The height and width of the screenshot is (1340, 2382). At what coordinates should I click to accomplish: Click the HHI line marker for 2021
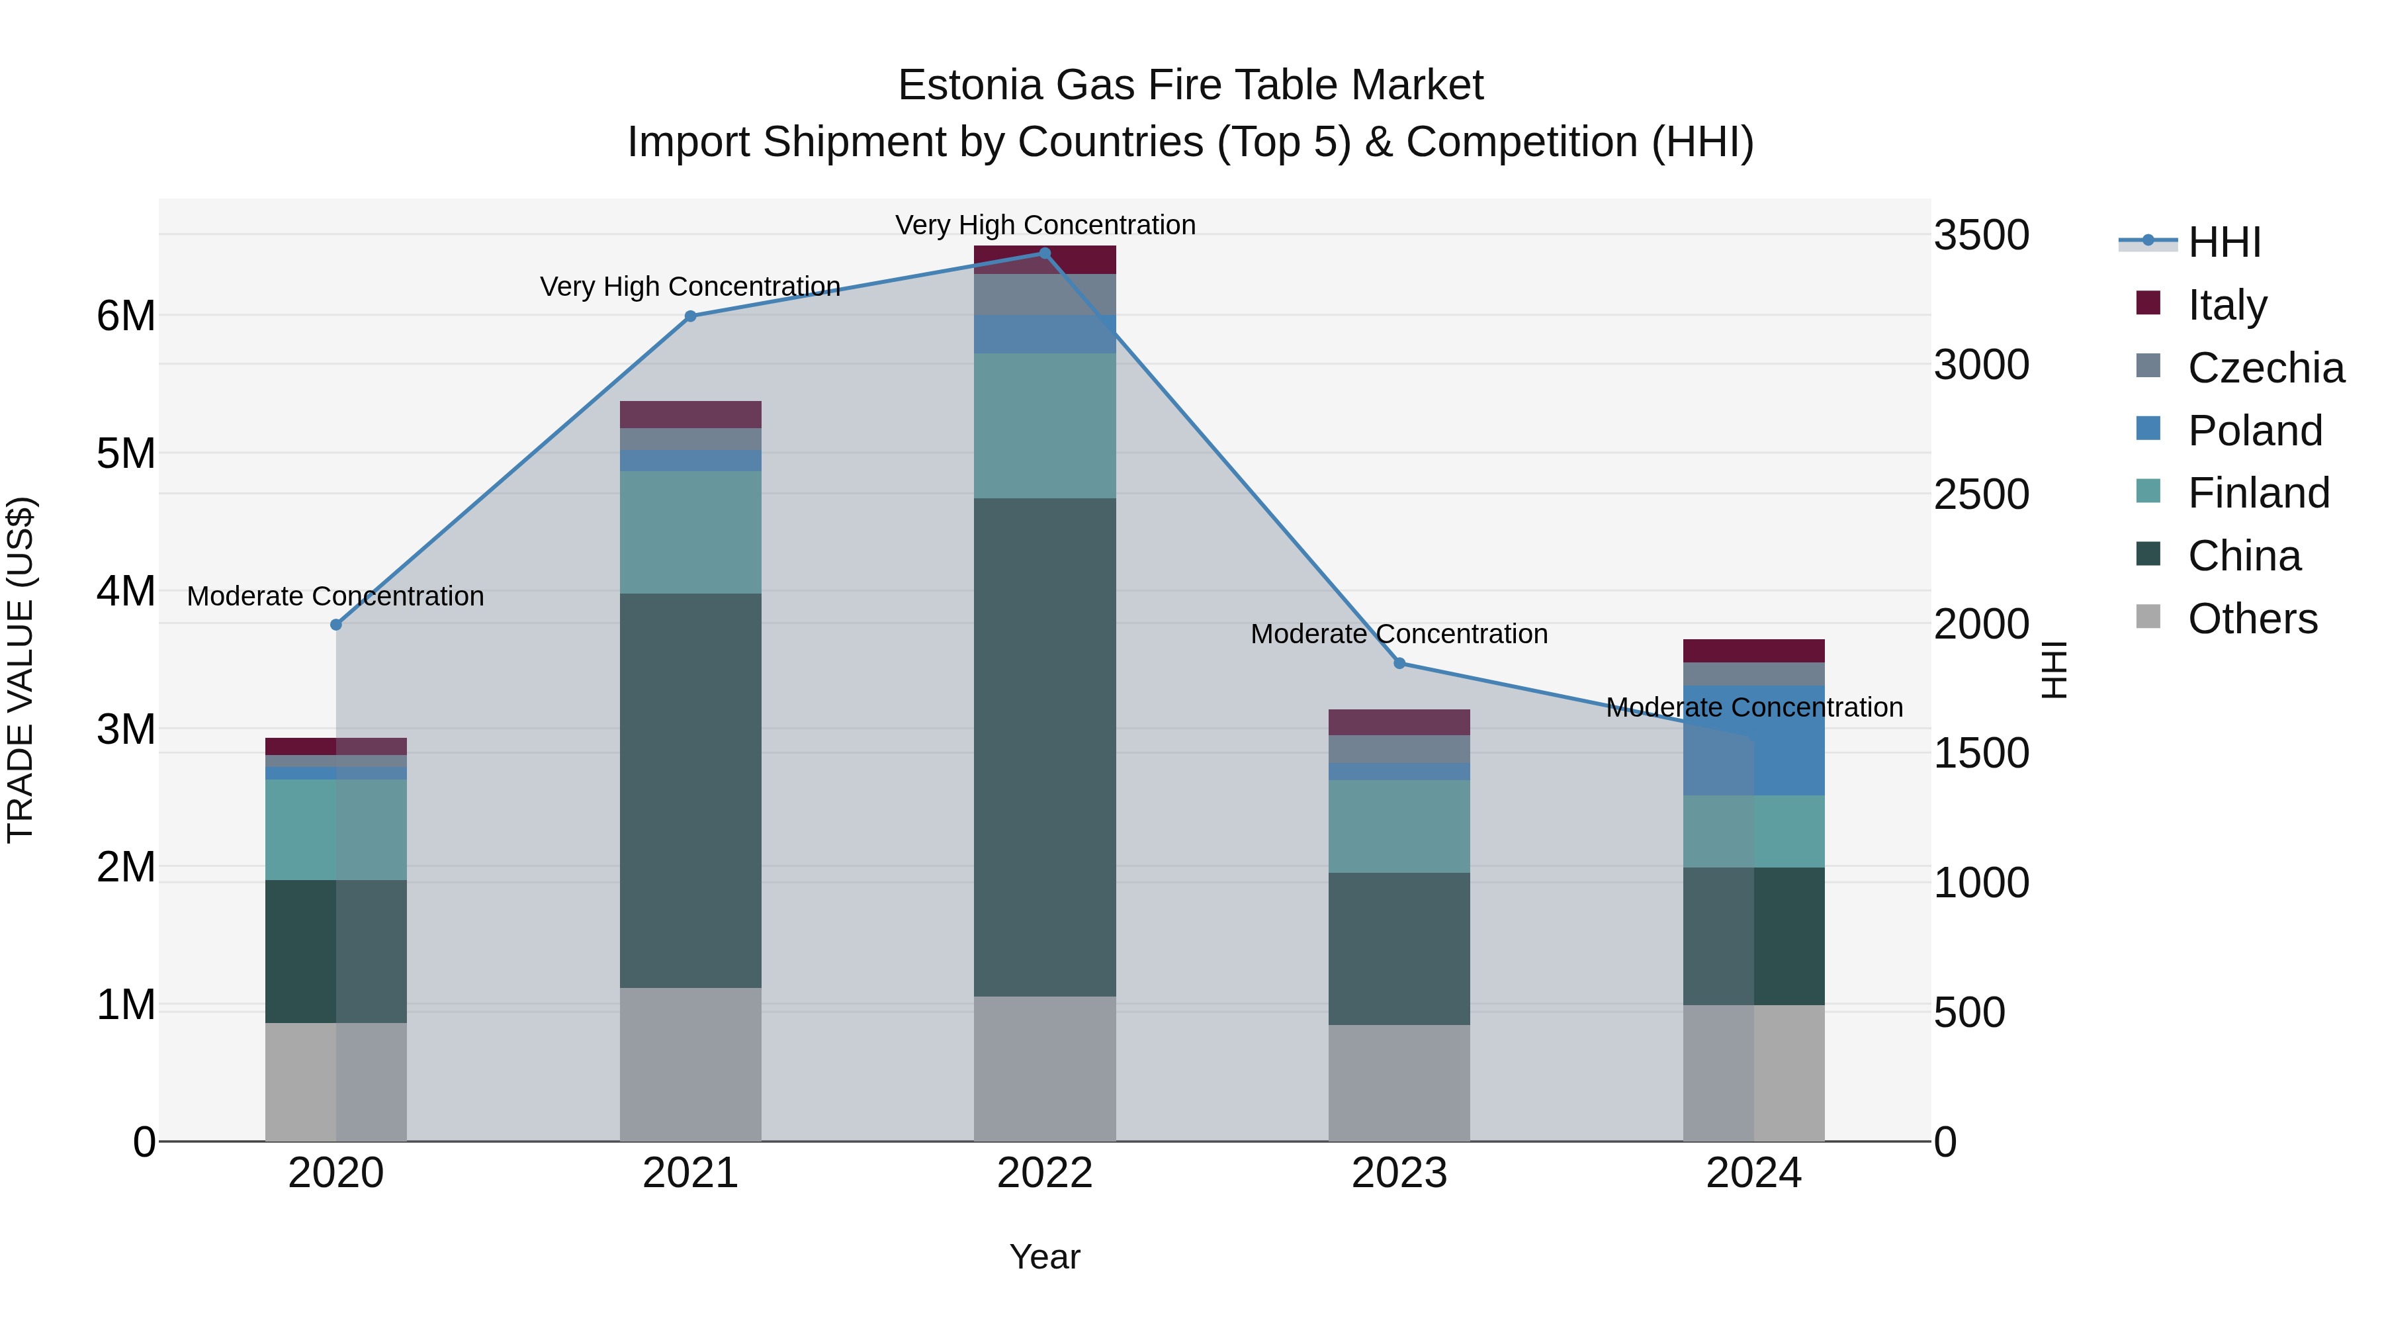point(690,316)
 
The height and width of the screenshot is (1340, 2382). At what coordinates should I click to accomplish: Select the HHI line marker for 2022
point(1045,253)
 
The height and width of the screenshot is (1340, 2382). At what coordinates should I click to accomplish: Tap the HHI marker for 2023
point(1399,663)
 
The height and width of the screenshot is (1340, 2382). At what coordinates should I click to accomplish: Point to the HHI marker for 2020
point(335,625)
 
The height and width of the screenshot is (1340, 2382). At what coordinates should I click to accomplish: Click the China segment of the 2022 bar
point(1045,747)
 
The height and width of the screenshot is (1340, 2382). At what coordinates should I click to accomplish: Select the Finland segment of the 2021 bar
point(690,533)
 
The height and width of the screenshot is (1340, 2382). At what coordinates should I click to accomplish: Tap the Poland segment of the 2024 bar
point(1753,740)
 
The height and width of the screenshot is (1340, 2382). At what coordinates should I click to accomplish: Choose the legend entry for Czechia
point(2266,367)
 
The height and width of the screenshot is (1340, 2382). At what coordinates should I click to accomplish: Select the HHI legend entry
point(2224,242)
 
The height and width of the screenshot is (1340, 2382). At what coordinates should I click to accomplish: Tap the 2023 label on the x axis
point(1399,1173)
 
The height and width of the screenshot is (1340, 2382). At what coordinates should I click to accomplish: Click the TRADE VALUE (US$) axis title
point(21,670)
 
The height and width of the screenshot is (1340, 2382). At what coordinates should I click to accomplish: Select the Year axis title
point(1045,1257)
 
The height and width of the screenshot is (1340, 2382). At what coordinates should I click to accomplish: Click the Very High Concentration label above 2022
point(1045,225)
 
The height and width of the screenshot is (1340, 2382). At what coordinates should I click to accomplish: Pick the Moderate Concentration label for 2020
point(335,596)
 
